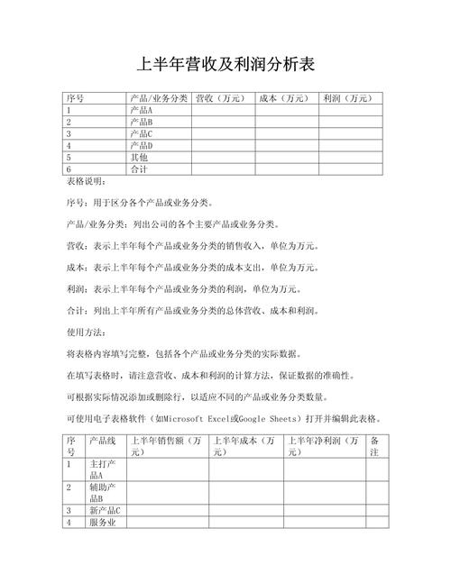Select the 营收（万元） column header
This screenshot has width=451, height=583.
(x=220, y=98)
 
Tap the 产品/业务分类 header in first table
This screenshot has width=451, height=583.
(x=158, y=98)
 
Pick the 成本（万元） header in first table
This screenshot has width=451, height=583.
(x=284, y=98)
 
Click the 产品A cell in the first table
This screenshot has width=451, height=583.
(x=142, y=110)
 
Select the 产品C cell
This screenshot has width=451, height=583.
(x=142, y=133)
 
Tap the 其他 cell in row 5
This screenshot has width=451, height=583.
(x=139, y=157)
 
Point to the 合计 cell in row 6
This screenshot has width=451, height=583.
(x=139, y=169)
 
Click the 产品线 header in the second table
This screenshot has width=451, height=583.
(x=101, y=441)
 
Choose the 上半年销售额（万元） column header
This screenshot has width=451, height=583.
(x=167, y=446)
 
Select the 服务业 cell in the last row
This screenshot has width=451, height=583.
(x=105, y=522)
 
